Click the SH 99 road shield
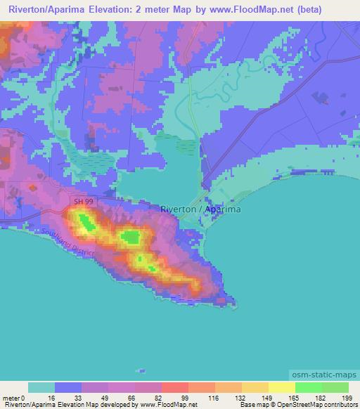coord(82,202)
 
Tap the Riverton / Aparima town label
coord(200,209)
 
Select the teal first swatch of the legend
coord(41,387)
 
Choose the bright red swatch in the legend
coord(174,387)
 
